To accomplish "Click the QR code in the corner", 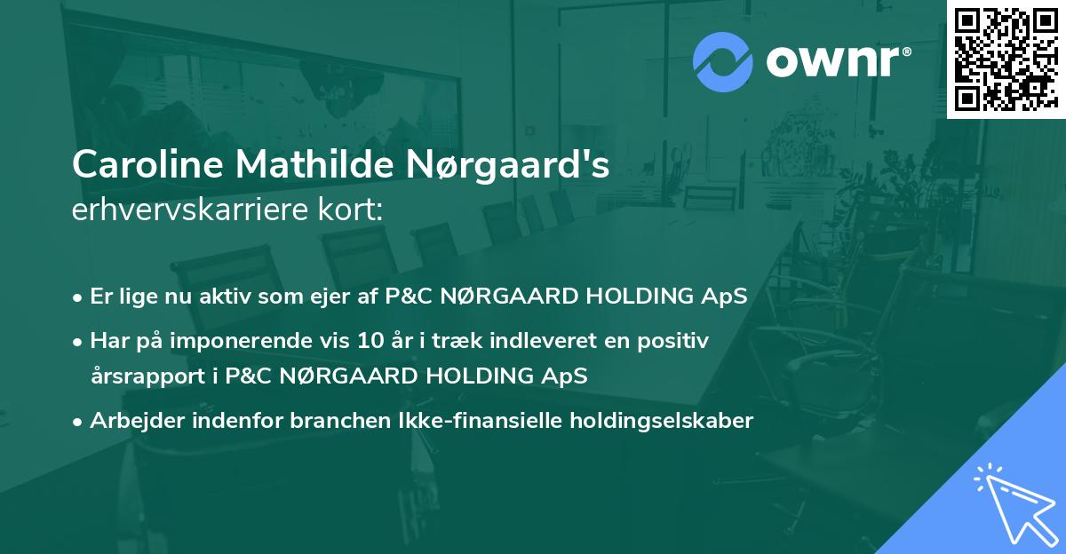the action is (1006, 59).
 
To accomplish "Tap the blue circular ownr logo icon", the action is (723, 62).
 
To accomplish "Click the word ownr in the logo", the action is (833, 62).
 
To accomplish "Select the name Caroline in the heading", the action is (147, 164).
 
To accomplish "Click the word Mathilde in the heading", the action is (315, 164).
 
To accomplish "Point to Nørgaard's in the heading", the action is (508, 165).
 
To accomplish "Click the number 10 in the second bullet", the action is (370, 341).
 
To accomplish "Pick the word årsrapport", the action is (148, 376).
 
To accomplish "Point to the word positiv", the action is (673, 342).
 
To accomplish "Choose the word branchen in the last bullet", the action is (340, 420).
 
